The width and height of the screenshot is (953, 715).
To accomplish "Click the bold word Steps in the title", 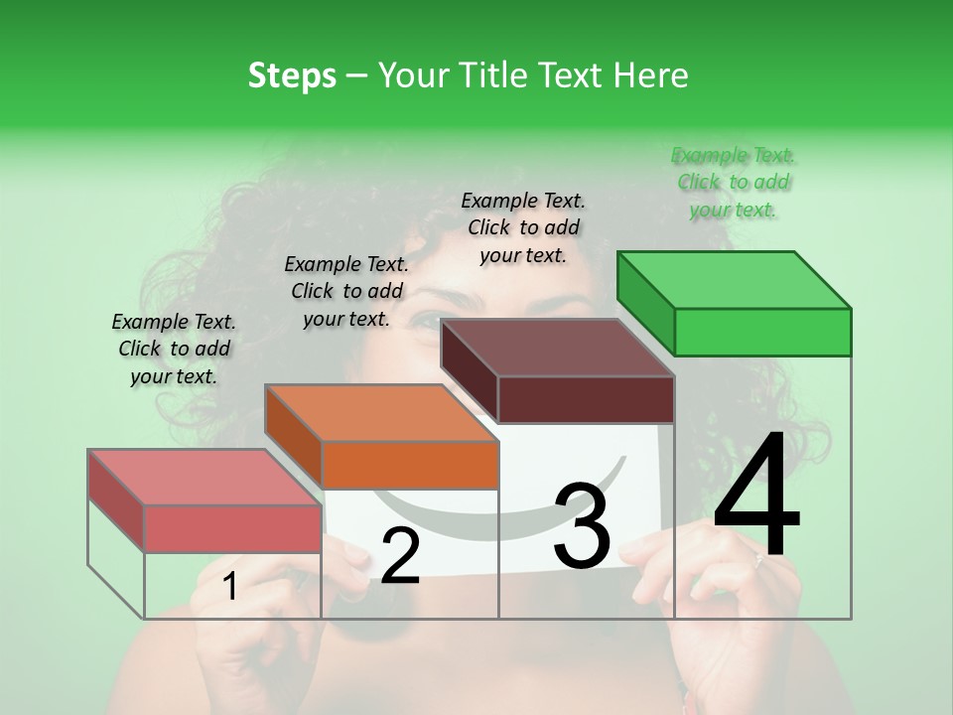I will click(292, 75).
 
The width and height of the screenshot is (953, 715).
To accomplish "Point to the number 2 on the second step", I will click(400, 556).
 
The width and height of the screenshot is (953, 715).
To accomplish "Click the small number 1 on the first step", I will click(230, 587).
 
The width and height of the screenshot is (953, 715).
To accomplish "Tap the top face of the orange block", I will click(381, 413).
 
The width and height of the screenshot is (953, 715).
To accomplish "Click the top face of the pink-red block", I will click(204, 478).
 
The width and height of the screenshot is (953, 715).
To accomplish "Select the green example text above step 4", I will click(734, 183).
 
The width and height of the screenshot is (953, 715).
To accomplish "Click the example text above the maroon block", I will click(523, 227).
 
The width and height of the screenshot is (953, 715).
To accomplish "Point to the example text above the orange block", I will click(346, 291).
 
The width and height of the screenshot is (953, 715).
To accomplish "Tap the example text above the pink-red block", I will click(174, 349).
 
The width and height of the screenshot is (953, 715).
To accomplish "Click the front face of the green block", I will click(762, 332).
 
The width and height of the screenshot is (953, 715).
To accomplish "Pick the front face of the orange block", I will click(410, 465).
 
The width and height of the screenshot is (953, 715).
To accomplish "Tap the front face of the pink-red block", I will click(232, 528).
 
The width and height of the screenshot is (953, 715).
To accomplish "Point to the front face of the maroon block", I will click(586, 399).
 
